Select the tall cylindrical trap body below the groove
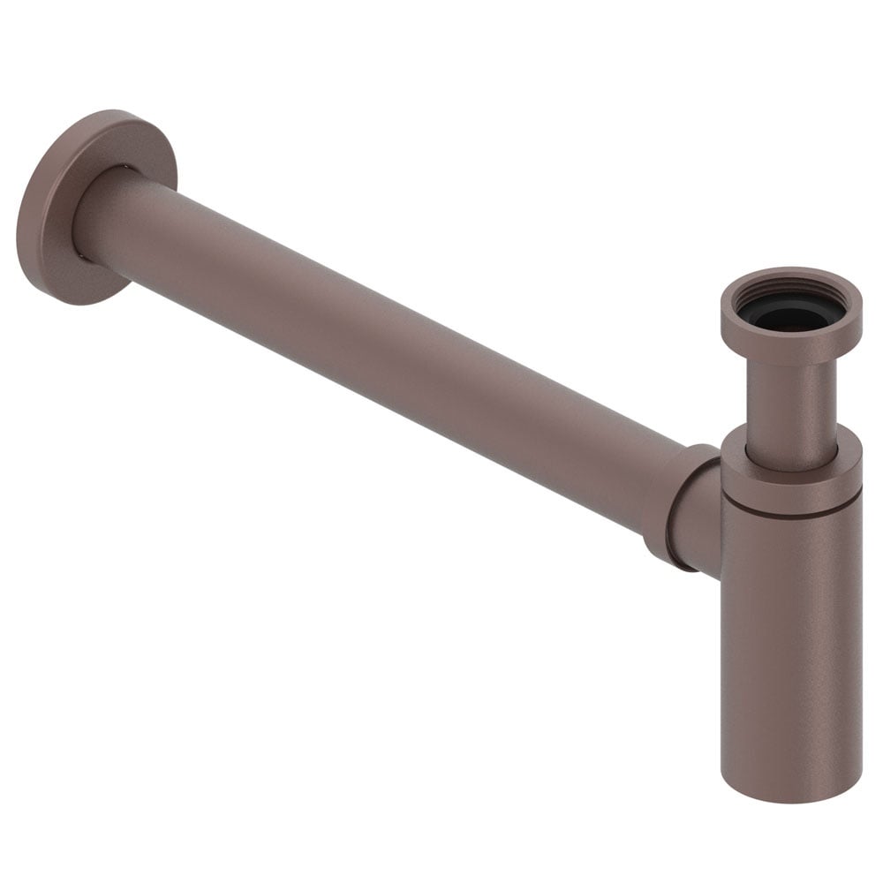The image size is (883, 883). click(x=790, y=636)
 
